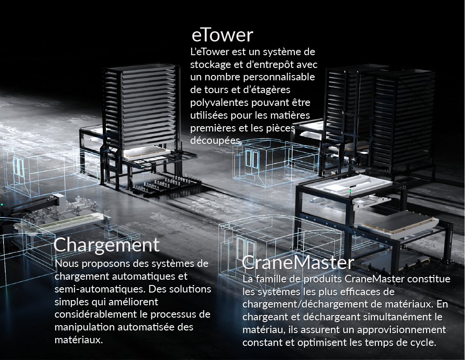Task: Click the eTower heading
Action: pos(222,35)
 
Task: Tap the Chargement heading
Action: pos(106,245)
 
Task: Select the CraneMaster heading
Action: pos(298,263)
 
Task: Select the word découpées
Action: pos(216,140)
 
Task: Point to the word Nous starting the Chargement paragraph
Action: pos(67,264)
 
